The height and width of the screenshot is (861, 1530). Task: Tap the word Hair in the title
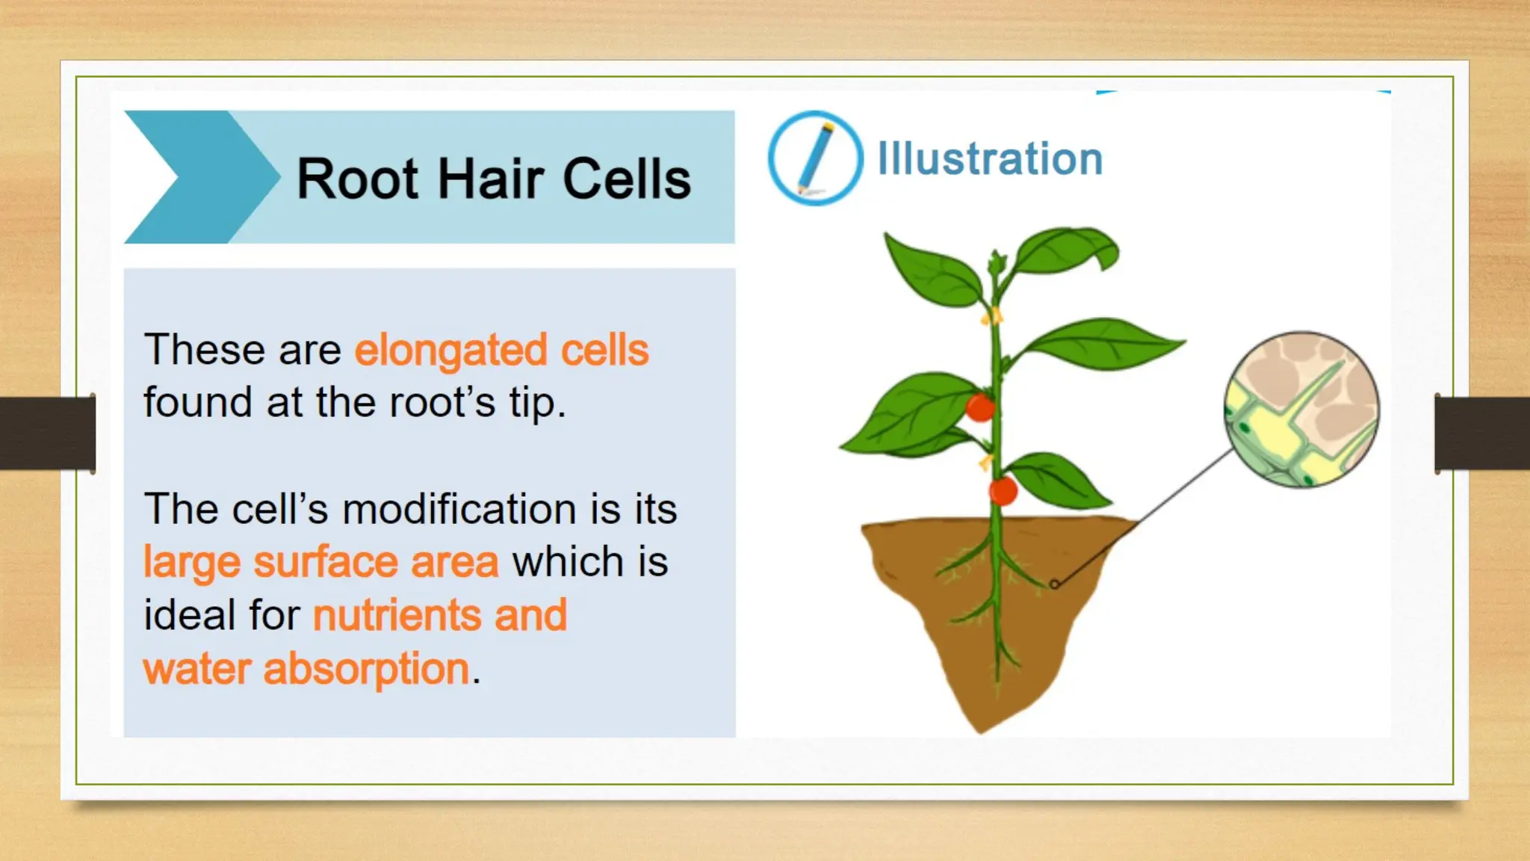pyautogui.click(x=490, y=179)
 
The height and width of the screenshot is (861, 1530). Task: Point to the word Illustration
pyautogui.click(x=989, y=159)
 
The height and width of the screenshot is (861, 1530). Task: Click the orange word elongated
pyautogui.click(x=450, y=351)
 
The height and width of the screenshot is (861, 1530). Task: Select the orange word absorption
pyautogui.click(x=366, y=668)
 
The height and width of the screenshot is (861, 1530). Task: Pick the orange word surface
pyautogui.click(x=325, y=562)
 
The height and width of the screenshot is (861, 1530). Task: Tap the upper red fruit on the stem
pyautogui.click(x=979, y=407)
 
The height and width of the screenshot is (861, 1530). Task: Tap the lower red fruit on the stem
pyautogui.click(x=1003, y=491)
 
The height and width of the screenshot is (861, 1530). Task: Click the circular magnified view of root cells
pyautogui.click(x=1301, y=410)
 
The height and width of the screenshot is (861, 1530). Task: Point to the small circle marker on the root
pyautogui.click(x=1054, y=584)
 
